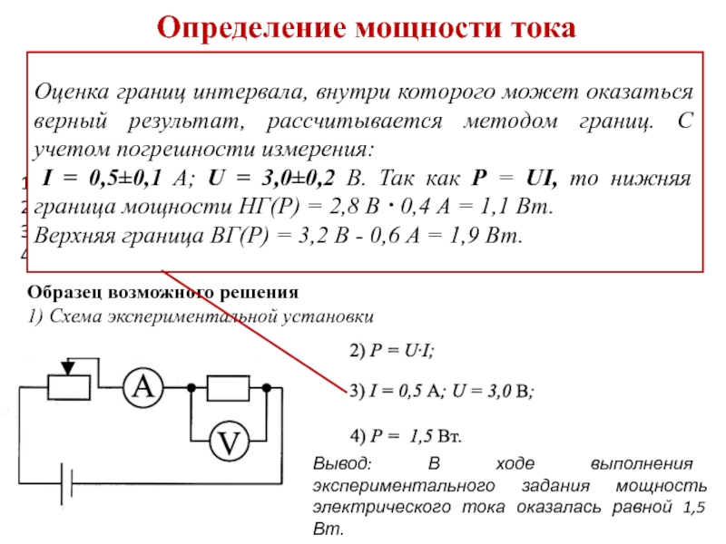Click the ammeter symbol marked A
[143, 387]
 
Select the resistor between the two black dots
[228, 387]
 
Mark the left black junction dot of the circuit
[191, 387]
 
